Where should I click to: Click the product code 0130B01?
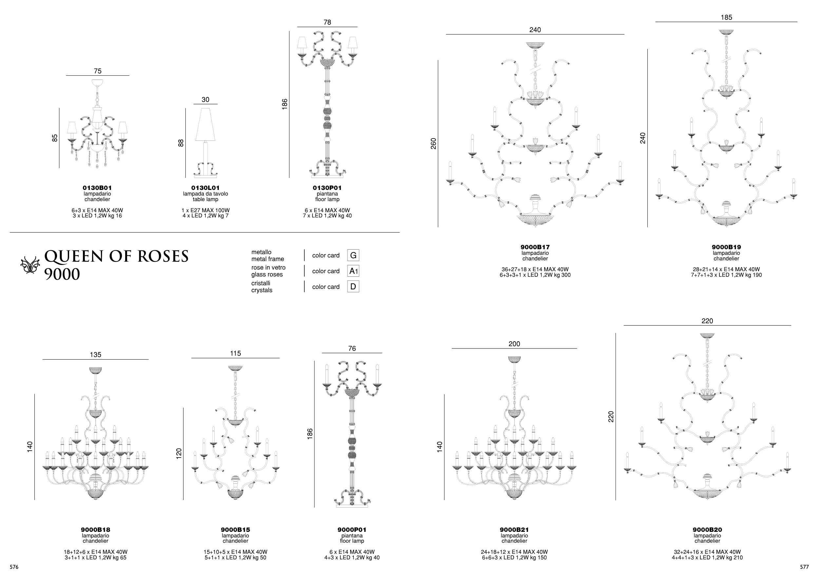[97, 188]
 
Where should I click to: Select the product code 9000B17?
[535, 247]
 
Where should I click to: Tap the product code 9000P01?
[352, 530]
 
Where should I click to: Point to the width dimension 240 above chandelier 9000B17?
[535, 30]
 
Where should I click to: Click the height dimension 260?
[433, 143]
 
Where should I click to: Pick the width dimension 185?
[726, 17]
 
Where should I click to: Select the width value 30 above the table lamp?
[205, 100]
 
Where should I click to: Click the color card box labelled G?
[353, 255]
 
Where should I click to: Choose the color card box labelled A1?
[353, 271]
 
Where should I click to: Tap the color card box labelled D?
[353, 287]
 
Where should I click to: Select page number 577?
[804, 567]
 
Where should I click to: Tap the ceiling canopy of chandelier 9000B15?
[236, 368]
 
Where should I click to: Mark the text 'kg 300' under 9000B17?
[562, 275]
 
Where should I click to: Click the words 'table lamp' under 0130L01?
[205, 199]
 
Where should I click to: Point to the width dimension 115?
[236, 353]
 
